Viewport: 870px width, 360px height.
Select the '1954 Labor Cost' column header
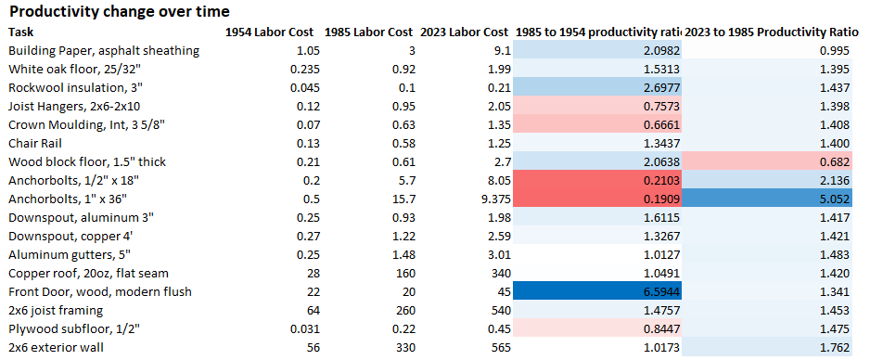click(268, 32)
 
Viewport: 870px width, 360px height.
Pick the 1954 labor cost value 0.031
click(304, 329)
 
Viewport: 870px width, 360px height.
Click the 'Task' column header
click(21, 32)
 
